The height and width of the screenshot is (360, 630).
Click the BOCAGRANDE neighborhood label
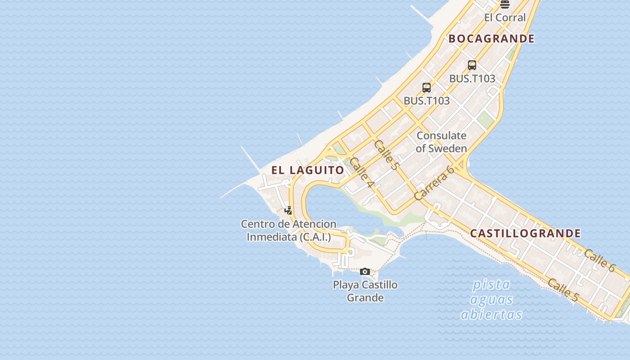point(491,39)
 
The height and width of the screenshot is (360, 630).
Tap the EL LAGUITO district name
point(308,170)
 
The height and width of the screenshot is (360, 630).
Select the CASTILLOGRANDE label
point(525,233)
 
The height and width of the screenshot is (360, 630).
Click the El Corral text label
point(505,18)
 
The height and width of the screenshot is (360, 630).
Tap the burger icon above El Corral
point(505,4)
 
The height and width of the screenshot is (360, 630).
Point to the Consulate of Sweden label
point(441,142)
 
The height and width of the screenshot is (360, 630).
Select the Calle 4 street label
point(362,173)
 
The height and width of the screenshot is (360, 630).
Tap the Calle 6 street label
point(599,260)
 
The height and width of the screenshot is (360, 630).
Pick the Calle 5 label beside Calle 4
point(386,155)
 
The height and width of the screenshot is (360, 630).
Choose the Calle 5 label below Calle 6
point(563,290)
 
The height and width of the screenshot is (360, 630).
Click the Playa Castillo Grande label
point(365,291)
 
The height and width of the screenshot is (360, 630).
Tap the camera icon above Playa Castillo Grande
point(365,271)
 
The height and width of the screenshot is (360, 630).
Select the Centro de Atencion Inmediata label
point(288,230)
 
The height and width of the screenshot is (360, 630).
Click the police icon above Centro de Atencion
point(288,210)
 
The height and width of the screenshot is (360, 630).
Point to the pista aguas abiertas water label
point(491,299)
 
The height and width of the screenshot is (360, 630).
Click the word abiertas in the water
point(491,314)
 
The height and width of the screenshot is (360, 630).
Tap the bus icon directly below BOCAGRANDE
point(472,65)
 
